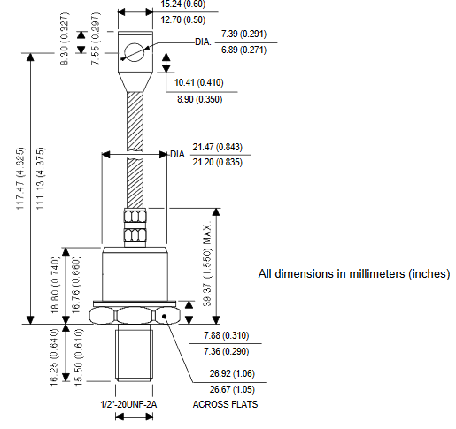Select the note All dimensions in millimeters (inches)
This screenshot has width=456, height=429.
click(x=354, y=273)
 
